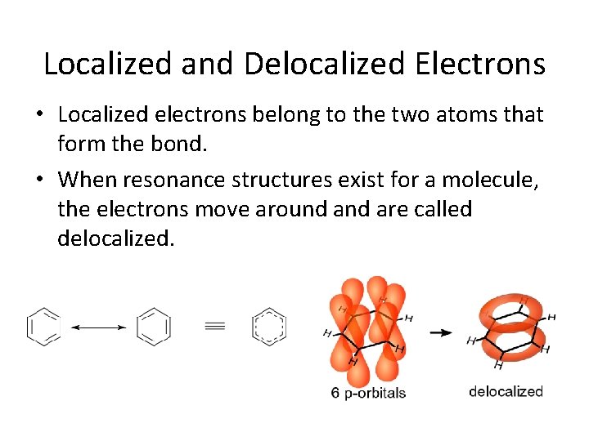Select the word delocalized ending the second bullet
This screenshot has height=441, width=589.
[116, 240]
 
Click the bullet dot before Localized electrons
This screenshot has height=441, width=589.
[46, 116]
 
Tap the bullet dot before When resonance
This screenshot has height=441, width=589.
[46, 179]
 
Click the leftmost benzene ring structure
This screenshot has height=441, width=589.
[43, 327]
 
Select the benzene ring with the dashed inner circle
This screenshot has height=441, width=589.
[269, 327]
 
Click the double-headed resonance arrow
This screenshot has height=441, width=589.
[98, 327]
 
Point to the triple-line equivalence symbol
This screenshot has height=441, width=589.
[214, 327]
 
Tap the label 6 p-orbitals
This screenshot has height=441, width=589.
[368, 393]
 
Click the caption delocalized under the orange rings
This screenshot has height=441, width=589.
[506, 391]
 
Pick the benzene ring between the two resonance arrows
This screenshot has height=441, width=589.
[154, 327]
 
